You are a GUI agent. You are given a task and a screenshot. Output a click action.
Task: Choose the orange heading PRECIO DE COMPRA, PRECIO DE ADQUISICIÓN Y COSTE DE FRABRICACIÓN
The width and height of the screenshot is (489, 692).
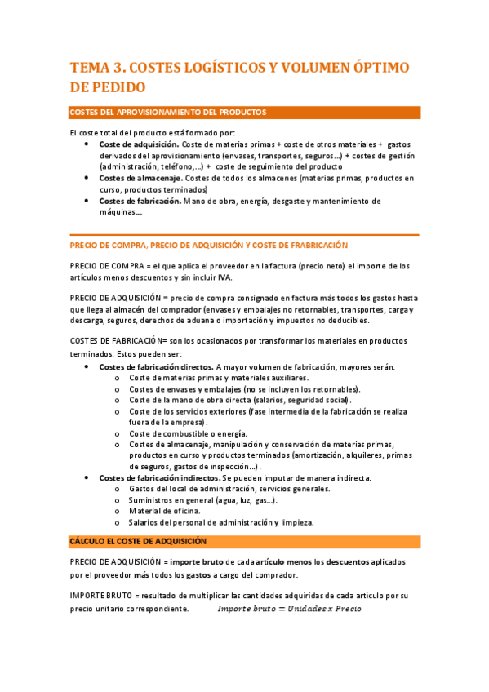tap(209, 245)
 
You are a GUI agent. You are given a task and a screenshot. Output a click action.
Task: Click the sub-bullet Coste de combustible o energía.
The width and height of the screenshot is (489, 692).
tap(187, 433)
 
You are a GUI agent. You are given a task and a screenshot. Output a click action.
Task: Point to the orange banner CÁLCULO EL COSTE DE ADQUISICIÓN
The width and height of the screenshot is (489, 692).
tap(138, 541)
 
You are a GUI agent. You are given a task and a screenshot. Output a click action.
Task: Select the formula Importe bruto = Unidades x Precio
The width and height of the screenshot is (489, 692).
tap(289, 609)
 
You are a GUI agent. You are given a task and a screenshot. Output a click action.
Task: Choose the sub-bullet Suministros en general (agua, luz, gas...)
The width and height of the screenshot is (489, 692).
tap(202, 499)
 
